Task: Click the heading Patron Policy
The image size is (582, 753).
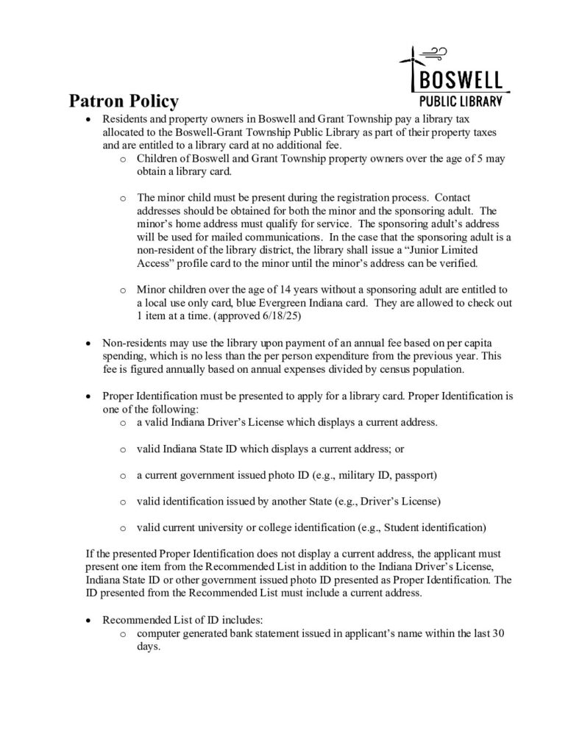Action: point(123,101)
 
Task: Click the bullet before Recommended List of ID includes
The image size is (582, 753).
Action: point(89,621)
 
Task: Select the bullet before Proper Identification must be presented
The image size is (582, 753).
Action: point(89,396)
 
